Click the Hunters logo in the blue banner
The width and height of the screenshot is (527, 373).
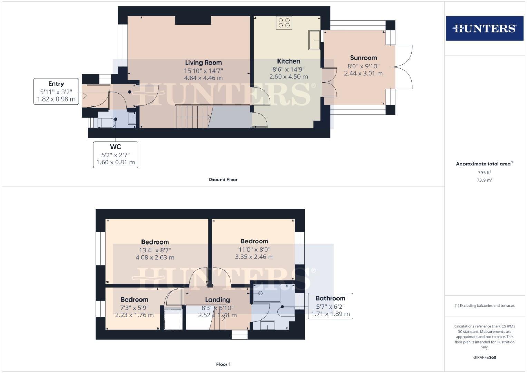click(484, 28)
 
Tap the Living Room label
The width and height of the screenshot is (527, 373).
click(203, 63)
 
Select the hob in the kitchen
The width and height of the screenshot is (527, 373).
click(284, 23)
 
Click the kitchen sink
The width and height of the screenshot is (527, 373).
click(314, 40)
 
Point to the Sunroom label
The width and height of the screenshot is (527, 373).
click(363, 58)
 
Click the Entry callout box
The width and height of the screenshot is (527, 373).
click(56, 92)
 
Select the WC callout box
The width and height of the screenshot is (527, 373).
click(115, 154)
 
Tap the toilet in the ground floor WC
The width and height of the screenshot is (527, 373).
click(106, 123)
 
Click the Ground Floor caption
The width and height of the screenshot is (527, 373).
click(223, 180)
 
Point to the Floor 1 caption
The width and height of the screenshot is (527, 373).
click(223, 364)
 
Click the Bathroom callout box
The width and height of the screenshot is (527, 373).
click(330, 306)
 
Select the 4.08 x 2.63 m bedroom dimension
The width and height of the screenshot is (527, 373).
click(155, 257)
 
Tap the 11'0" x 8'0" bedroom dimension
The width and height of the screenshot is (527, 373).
click(254, 249)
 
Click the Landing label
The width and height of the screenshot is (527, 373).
click(217, 300)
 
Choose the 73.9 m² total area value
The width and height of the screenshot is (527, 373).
click(484, 180)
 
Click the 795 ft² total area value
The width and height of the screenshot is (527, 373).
click(484, 173)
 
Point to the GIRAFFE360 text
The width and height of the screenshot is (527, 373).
click(484, 357)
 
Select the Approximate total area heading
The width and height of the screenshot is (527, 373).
click(484, 164)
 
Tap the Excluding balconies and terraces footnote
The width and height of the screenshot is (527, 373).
click(484, 306)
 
